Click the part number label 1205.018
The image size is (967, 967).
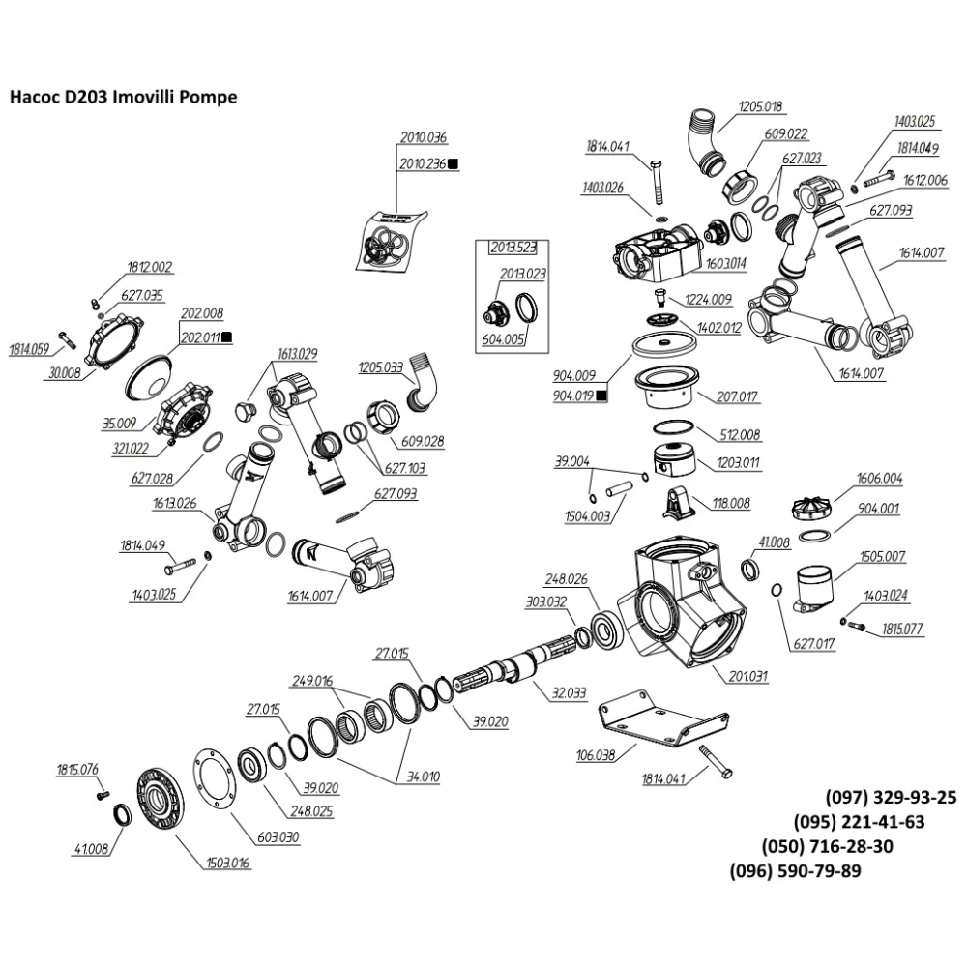point(760,106)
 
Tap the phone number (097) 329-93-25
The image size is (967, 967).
point(890,798)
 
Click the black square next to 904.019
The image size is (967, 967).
point(601,396)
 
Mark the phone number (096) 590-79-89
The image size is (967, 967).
point(795,871)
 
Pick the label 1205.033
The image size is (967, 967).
point(380,368)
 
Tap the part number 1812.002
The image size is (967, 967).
point(148,266)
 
